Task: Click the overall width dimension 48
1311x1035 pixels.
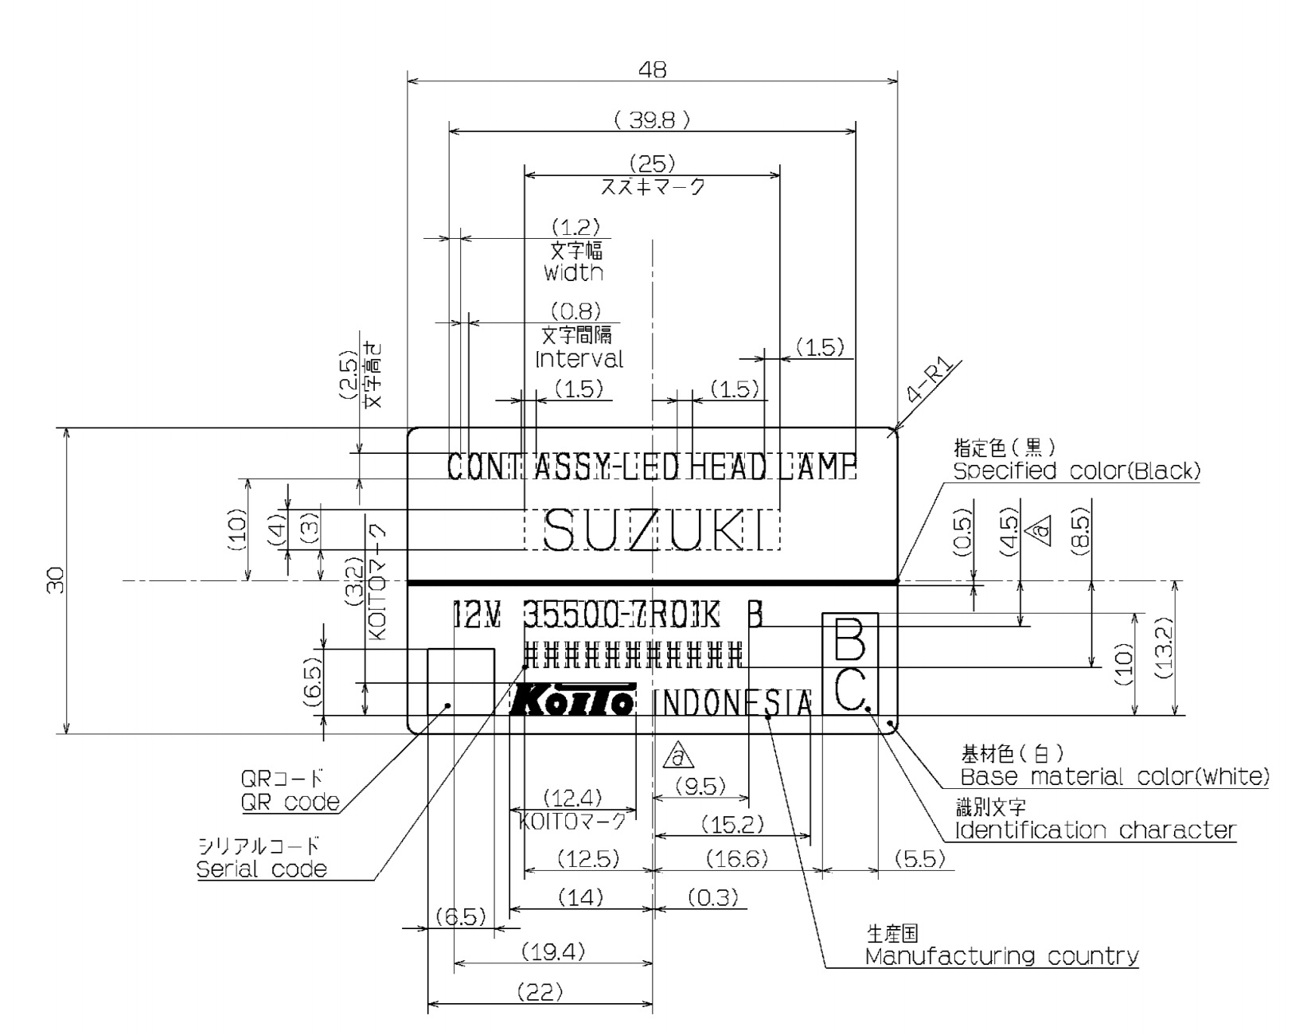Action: [652, 70]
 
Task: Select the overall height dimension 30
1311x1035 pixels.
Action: [55, 581]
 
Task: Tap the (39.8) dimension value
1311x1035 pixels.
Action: [651, 120]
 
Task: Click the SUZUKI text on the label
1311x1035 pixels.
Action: [652, 529]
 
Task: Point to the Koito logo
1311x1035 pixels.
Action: [572, 700]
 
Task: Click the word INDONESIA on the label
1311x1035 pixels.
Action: [732, 704]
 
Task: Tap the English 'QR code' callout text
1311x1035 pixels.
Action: [290, 802]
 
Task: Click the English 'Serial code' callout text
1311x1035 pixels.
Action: [262, 869]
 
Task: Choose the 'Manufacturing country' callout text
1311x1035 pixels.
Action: [1001, 956]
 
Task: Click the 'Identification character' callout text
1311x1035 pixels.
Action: [1095, 830]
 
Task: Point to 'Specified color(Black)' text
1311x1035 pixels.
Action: [1076, 471]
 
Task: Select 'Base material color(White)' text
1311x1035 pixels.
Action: [1114, 776]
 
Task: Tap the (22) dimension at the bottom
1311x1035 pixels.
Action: [540, 993]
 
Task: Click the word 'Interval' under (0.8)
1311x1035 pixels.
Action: [579, 359]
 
